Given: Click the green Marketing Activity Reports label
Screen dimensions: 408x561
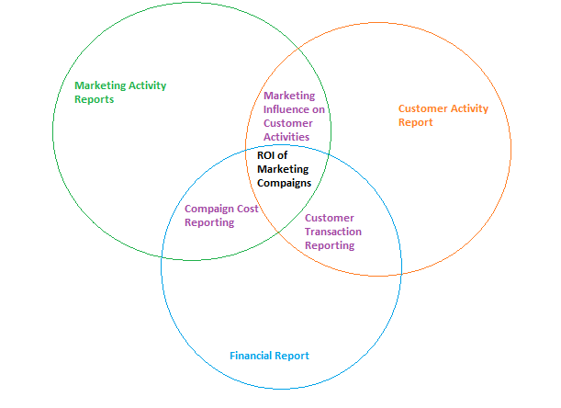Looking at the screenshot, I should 120,93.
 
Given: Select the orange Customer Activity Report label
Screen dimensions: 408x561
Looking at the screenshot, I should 443,115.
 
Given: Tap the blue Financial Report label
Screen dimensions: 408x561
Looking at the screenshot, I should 269,356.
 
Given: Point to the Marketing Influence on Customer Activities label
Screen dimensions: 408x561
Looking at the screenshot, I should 294,116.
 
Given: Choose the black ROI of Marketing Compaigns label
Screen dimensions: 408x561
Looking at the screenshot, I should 284,169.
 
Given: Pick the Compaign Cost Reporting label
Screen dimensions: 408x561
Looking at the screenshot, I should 221,215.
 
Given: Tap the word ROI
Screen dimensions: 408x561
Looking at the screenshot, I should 267,155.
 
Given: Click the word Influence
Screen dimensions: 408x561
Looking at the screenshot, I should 288,109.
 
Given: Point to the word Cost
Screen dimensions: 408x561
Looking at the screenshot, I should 247,209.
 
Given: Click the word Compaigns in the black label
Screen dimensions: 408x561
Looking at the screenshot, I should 284,183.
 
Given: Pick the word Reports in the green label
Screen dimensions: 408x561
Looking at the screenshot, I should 95,99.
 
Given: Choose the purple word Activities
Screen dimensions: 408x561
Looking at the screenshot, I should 286,137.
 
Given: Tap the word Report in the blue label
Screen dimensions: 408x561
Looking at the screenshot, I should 294,356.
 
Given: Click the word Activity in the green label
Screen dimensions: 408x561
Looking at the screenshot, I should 148,85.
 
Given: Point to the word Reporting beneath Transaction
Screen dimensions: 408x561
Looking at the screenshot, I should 329,245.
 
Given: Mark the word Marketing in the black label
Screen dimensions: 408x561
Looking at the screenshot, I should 283,169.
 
